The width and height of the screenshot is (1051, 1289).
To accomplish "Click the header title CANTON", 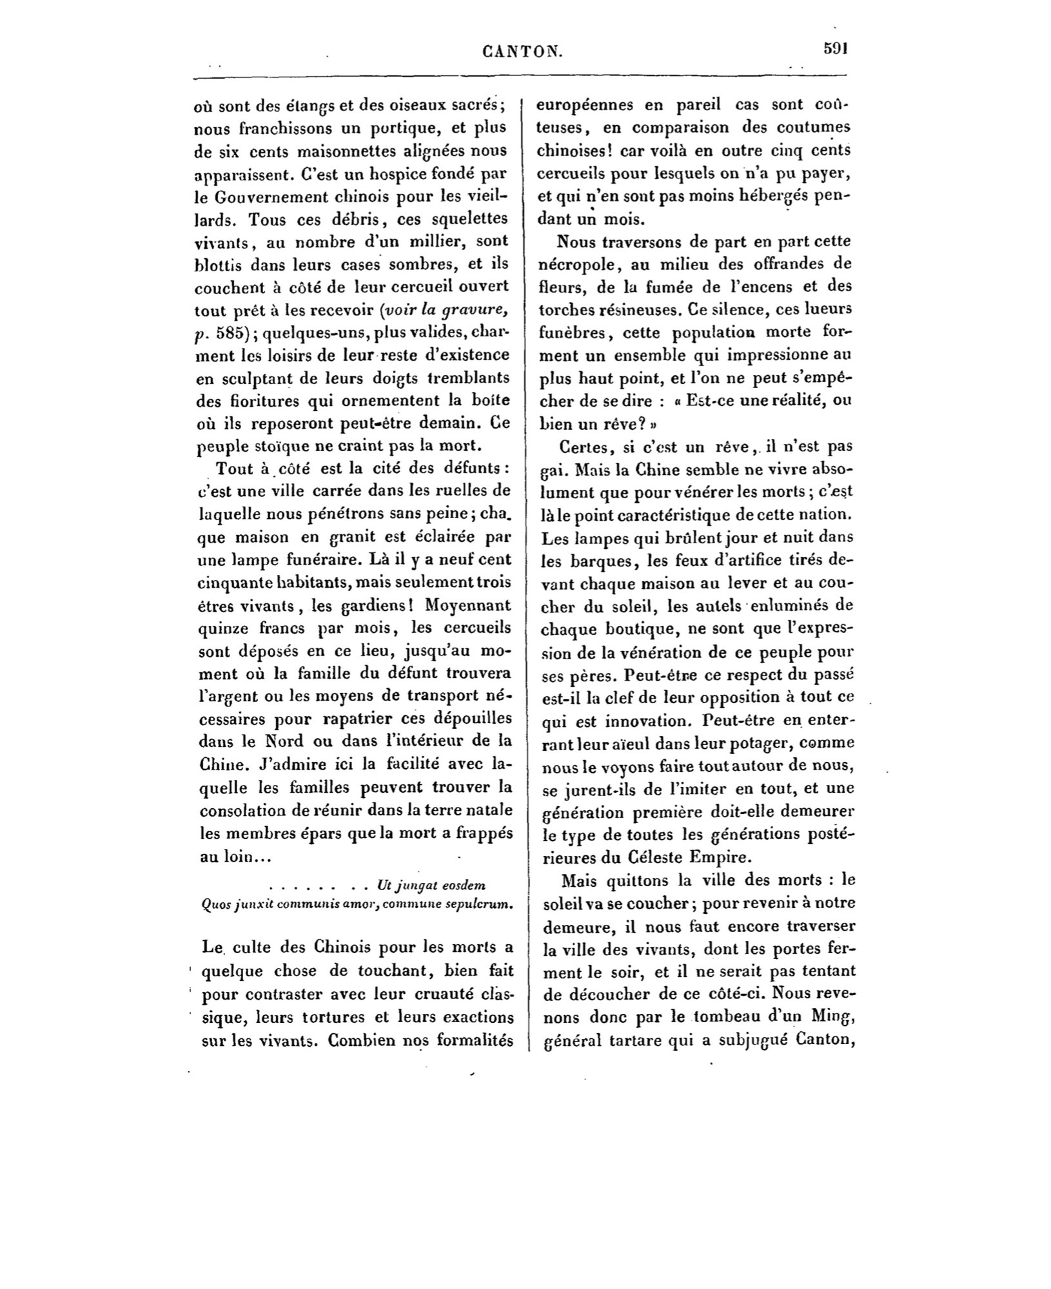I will (x=522, y=50).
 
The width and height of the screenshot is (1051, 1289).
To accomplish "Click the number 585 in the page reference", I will (x=232, y=333).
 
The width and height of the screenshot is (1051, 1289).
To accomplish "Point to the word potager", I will (x=747, y=744).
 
